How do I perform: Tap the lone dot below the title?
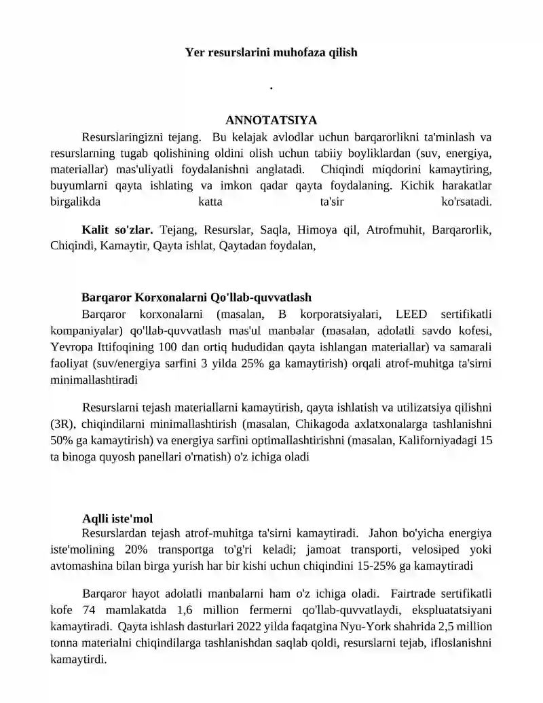(271, 88)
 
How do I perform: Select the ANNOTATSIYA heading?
(271, 120)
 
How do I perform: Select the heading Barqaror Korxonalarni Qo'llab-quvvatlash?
(196, 298)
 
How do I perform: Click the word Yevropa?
(70, 347)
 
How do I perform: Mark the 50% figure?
(62, 441)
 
